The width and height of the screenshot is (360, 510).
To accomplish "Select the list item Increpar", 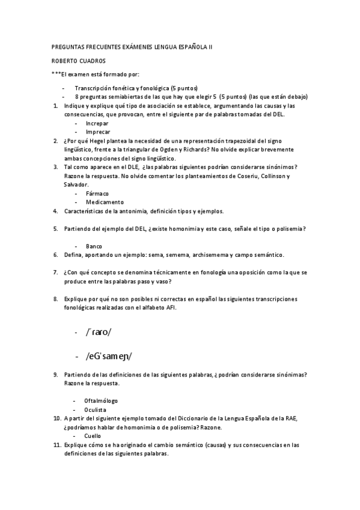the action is coord(97,123).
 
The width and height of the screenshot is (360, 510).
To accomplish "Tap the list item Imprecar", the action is coord(97,131).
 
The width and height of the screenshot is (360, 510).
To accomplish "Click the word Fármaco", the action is coord(97,193).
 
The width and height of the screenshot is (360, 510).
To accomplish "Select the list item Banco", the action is coord(94,246).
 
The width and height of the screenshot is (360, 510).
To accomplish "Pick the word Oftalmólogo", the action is coord(101,400).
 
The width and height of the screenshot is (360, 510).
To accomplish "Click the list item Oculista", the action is coord(96,409).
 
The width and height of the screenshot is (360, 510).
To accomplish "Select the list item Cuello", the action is coord(93,435).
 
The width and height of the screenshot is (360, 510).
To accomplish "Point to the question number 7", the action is coord(55,272).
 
